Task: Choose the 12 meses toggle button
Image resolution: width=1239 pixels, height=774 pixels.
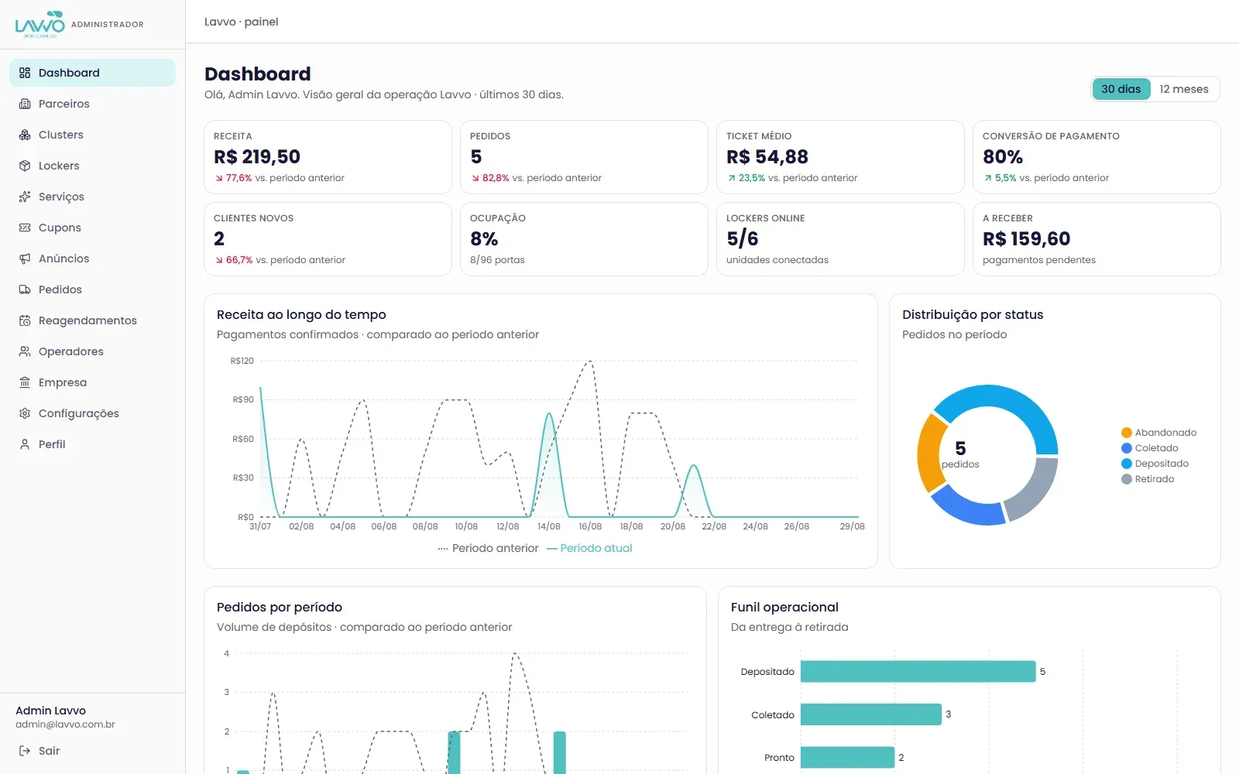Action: point(1184,89)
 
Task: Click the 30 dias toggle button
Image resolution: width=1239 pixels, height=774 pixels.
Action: point(1121,89)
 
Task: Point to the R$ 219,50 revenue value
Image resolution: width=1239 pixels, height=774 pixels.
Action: point(257,157)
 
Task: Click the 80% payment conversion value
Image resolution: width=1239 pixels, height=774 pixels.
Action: point(1003,157)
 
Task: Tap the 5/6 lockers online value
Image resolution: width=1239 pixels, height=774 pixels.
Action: point(743,239)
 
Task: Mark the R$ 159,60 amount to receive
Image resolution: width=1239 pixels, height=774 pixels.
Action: point(1027,239)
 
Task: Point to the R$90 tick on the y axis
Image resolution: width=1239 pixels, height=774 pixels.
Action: point(243,399)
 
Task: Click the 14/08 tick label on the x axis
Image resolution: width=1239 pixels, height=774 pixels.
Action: point(549,526)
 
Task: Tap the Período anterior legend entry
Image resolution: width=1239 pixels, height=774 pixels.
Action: point(488,548)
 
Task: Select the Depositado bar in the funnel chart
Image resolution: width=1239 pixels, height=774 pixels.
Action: point(918,671)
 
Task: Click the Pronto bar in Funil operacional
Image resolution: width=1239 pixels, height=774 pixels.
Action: point(847,758)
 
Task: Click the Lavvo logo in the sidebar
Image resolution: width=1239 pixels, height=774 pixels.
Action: point(39,24)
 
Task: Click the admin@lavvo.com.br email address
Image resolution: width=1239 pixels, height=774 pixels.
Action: point(65,724)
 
